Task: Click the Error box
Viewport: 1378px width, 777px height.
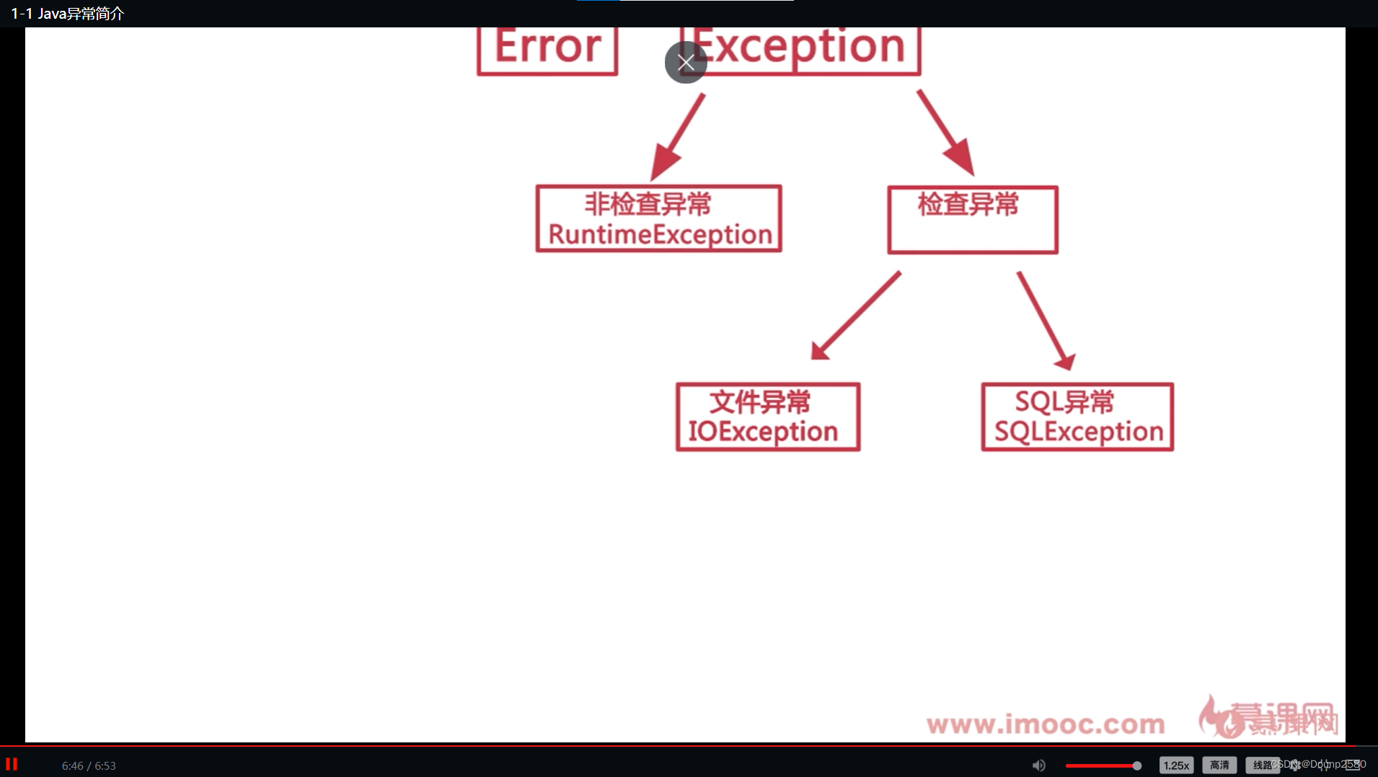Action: coord(547,49)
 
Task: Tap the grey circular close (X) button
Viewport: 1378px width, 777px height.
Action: coord(686,63)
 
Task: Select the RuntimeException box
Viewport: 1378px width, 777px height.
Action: coord(658,218)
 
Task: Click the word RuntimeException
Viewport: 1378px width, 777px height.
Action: coord(660,234)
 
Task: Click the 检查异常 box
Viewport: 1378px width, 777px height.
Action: coord(972,220)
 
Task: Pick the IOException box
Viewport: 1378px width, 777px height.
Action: coord(768,417)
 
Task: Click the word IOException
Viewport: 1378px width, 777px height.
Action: coord(763,432)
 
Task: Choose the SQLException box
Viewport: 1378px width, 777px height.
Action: coord(1077,417)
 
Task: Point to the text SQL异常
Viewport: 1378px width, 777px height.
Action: coord(1064,401)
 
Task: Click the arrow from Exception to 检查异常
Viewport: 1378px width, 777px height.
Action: coord(946,133)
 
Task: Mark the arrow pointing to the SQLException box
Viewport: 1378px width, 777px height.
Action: coord(1046,321)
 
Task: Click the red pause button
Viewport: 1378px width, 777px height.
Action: coord(12,764)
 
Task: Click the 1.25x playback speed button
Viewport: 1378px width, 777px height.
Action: coord(1176,765)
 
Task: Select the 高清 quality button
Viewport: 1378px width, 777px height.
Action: coord(1219,765)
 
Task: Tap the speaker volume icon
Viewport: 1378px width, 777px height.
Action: coord(1038,765)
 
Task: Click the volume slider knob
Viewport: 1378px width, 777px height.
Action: coord(1136,765)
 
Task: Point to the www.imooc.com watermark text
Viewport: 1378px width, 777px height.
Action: coord(1046,724)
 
